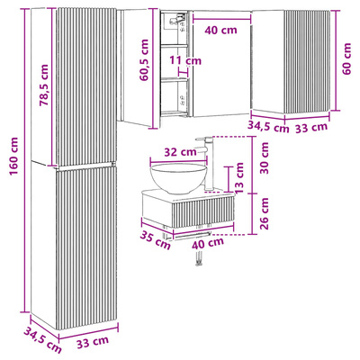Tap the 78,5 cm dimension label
[44, 85]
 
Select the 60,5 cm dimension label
[144, 59]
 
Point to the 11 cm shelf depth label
[185, 60]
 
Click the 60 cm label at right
[346, 58]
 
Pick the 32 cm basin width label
[180, 152]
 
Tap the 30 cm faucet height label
[265, 158]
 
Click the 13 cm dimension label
[240, 178]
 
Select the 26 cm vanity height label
[265, 213]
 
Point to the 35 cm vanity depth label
[155, 240]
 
